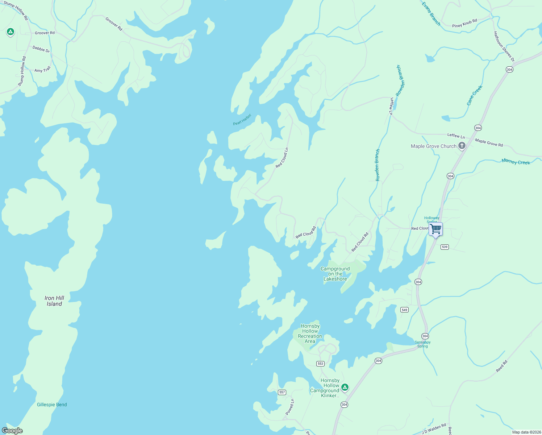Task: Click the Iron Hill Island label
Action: [54, 301]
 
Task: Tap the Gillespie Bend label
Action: [52, 405]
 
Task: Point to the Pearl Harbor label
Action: [242, 120]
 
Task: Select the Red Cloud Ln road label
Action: [282, 158]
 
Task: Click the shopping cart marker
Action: [435, 229]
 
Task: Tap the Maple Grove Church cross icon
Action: [462, 146]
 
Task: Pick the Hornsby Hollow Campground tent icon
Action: [345, 388]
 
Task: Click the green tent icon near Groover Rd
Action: [11, 32]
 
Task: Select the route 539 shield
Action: [445, 247]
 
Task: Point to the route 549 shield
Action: [404, 310]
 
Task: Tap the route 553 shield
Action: [320, 364]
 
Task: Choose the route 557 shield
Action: [282, 392]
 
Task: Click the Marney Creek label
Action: [516, 162]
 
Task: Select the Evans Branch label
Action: [431, 14]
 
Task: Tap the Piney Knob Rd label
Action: [464, 24]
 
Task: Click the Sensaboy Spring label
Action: [422, 344]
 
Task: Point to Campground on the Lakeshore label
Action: [335, 274]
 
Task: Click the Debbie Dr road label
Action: [41, 49]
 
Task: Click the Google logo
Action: [12, 431]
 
